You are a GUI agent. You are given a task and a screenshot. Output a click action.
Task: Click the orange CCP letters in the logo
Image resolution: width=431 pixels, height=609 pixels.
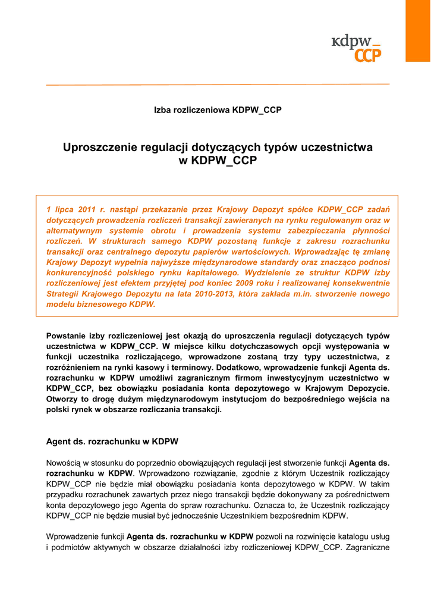[368, 55]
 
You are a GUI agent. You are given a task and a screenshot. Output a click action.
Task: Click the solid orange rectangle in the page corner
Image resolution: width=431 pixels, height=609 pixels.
[418, 30]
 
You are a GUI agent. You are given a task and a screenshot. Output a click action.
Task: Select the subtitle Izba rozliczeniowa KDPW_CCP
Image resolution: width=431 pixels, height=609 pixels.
[218, 111]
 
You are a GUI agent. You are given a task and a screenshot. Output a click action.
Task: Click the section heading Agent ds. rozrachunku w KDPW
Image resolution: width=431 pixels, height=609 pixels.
[112, 442]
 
